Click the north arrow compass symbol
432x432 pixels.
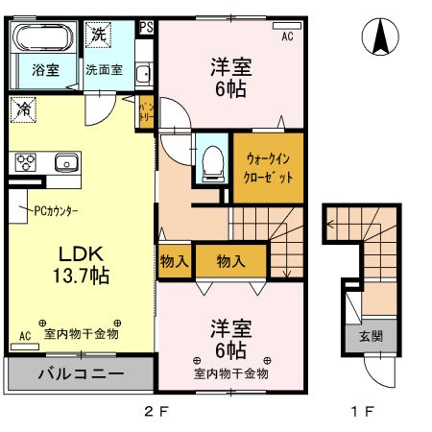point(380,36)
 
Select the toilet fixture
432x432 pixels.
point(212,163)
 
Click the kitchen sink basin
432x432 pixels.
point(66,162)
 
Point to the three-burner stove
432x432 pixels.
point(26,162)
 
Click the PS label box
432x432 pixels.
point(147,27)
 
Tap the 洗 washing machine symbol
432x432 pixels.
point(98,35)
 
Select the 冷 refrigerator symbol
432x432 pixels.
point(23,109)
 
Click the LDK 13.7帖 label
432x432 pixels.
point(81,265)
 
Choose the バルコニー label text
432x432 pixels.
point(81,373)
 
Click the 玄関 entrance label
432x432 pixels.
point(371,336)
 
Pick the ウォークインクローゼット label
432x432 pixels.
point(268,168)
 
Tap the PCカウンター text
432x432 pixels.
point(57,211)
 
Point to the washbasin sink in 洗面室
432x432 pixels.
point(143,75)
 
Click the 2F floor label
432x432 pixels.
point(156,411)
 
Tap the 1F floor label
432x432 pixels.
point(363,411)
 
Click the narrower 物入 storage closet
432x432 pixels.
point(175,261)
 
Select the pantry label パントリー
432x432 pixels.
point(147,112)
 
